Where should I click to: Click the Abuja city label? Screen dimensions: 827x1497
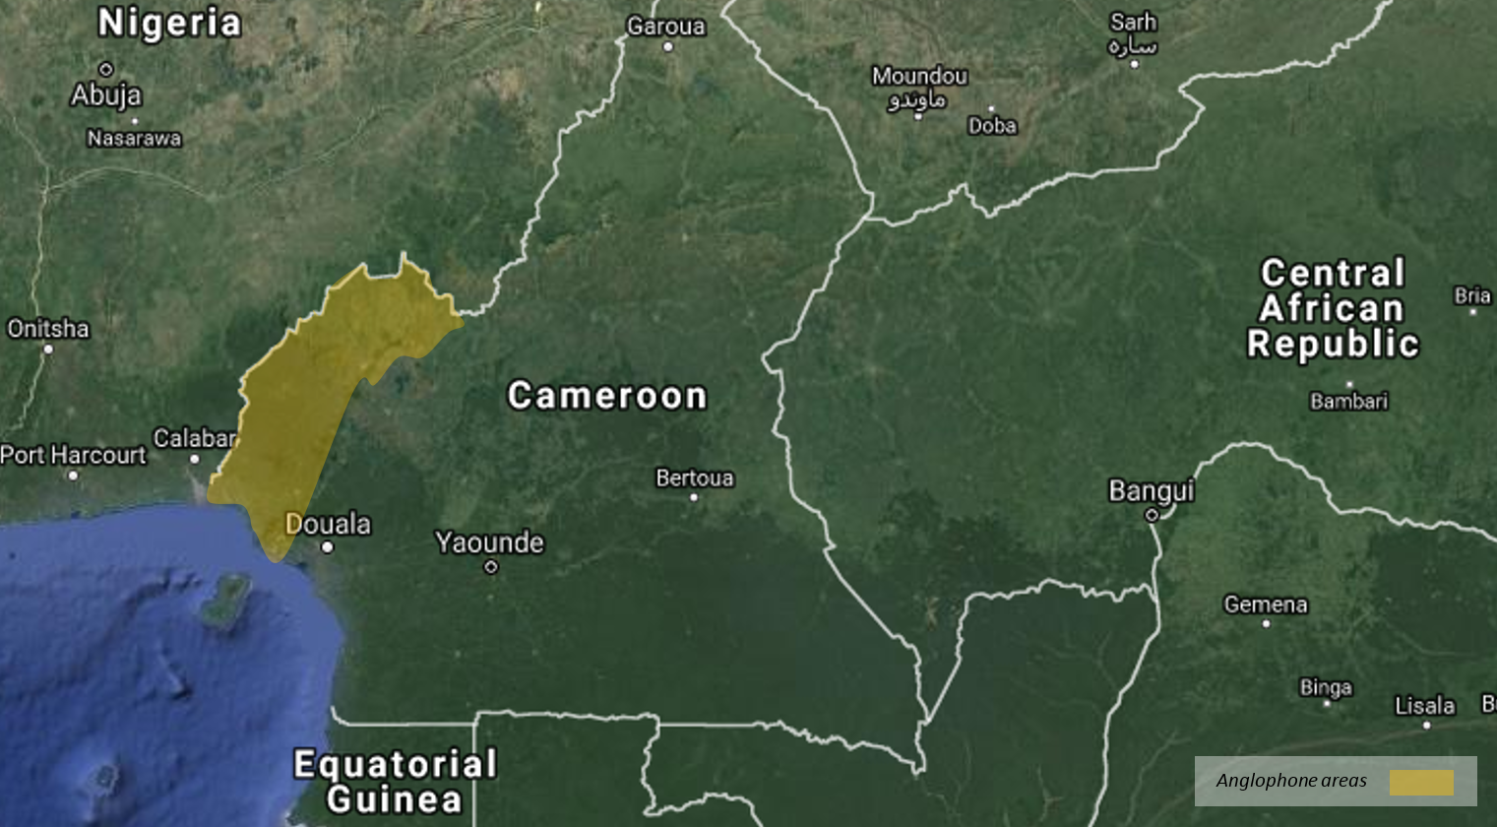tap(106, 95)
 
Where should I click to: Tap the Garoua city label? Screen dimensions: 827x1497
tap(666, 27)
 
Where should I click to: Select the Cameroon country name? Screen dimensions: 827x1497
tap(607, 396)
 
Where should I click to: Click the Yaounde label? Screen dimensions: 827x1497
tap(489, 542)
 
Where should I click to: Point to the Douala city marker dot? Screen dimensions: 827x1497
tap(327, 547)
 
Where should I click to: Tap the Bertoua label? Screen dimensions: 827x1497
tap(695, 478)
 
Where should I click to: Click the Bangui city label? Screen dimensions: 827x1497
tap(1152, 490)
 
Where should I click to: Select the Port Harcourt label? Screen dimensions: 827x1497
tap(73, 455)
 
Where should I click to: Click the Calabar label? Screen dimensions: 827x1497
tap(195, 438)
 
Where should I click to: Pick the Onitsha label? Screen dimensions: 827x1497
tap(48, 328)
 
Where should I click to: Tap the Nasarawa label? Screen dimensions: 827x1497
tap(134, 139)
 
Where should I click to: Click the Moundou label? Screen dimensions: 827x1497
tap(919, 76)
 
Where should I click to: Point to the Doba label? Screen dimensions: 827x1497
tap(992, 126)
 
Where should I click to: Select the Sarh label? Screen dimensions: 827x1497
tap(1133, 22)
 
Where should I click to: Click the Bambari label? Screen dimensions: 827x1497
tap(1348, 401)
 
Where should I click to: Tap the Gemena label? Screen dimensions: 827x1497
tap(1266, 604)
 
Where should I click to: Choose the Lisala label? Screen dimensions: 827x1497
tap(1424, 706)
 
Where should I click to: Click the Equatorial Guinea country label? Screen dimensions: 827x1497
tap(396, 782)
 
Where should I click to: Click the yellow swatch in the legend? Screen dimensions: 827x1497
tap(1421, 783)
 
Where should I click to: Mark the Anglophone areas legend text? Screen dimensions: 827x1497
tap(1291, 781)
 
